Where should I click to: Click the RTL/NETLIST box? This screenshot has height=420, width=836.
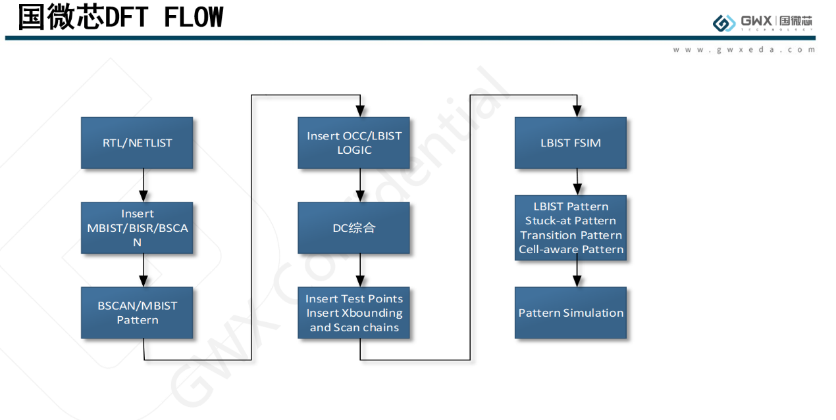coord(137,143)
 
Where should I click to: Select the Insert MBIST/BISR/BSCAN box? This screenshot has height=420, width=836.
coord(137,227)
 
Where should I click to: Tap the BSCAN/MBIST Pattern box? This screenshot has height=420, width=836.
coord(137,312)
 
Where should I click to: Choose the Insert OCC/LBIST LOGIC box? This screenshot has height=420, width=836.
coord(353,143)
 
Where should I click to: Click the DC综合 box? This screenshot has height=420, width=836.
coord(353,227)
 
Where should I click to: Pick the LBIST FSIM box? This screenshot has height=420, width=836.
coord(570,143)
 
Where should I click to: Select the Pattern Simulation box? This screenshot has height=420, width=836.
coord(570,313)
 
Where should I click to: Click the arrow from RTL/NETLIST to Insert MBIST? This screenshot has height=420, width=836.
coord(144,185)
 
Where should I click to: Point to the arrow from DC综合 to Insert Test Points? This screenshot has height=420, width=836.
coord(360,270)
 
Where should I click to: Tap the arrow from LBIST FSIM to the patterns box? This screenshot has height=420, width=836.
coord(577,181)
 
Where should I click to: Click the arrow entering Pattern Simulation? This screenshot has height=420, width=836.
coord(577,273)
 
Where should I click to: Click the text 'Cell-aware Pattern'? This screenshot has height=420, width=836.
coord(571,249)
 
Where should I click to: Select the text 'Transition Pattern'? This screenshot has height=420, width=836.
coord(571,235)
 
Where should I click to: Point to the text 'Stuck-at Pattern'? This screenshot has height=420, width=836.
coord(571,221)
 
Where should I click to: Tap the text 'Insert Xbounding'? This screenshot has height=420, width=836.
coord(354,313)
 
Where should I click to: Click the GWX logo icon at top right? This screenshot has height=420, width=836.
coord(724,23)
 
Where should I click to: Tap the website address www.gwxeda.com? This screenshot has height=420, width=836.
coord(744,50)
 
